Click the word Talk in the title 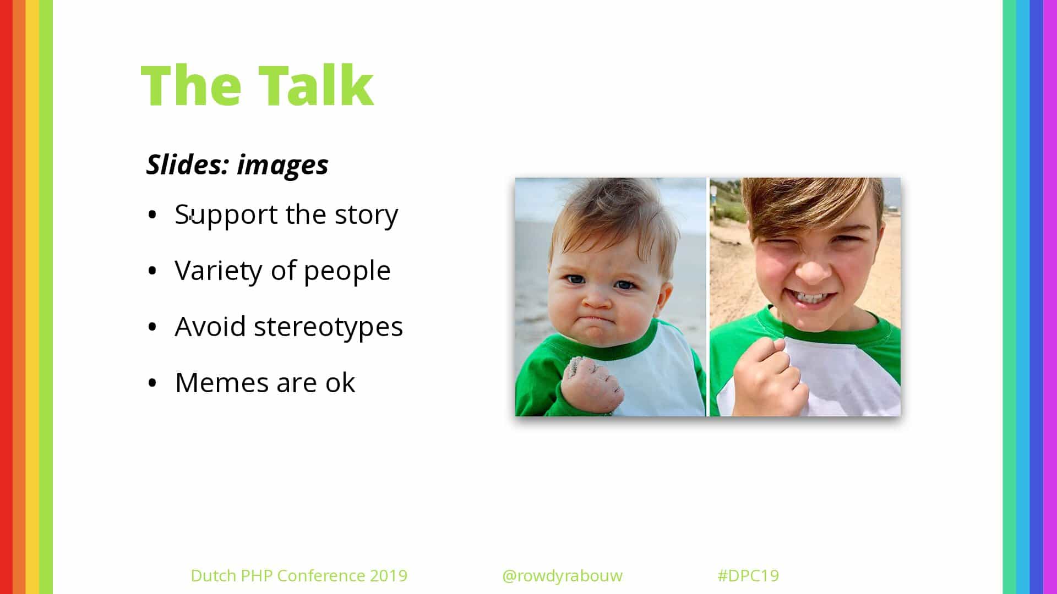[x=316, y=85]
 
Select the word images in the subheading [x=282, y=166]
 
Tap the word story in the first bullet [x=366, y=215]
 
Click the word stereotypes [x=328, y=327]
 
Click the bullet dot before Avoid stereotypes [x=152, y=327]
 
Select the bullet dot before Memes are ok [x=152, y=383]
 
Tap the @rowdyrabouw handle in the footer [x=562, y=576]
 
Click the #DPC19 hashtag [x=748, y=575]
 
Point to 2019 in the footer [x=388, y=575]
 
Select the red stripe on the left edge [x=6, y=297]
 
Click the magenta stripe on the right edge [x=1050, y=297]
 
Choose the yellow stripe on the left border [x=32, y=297]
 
